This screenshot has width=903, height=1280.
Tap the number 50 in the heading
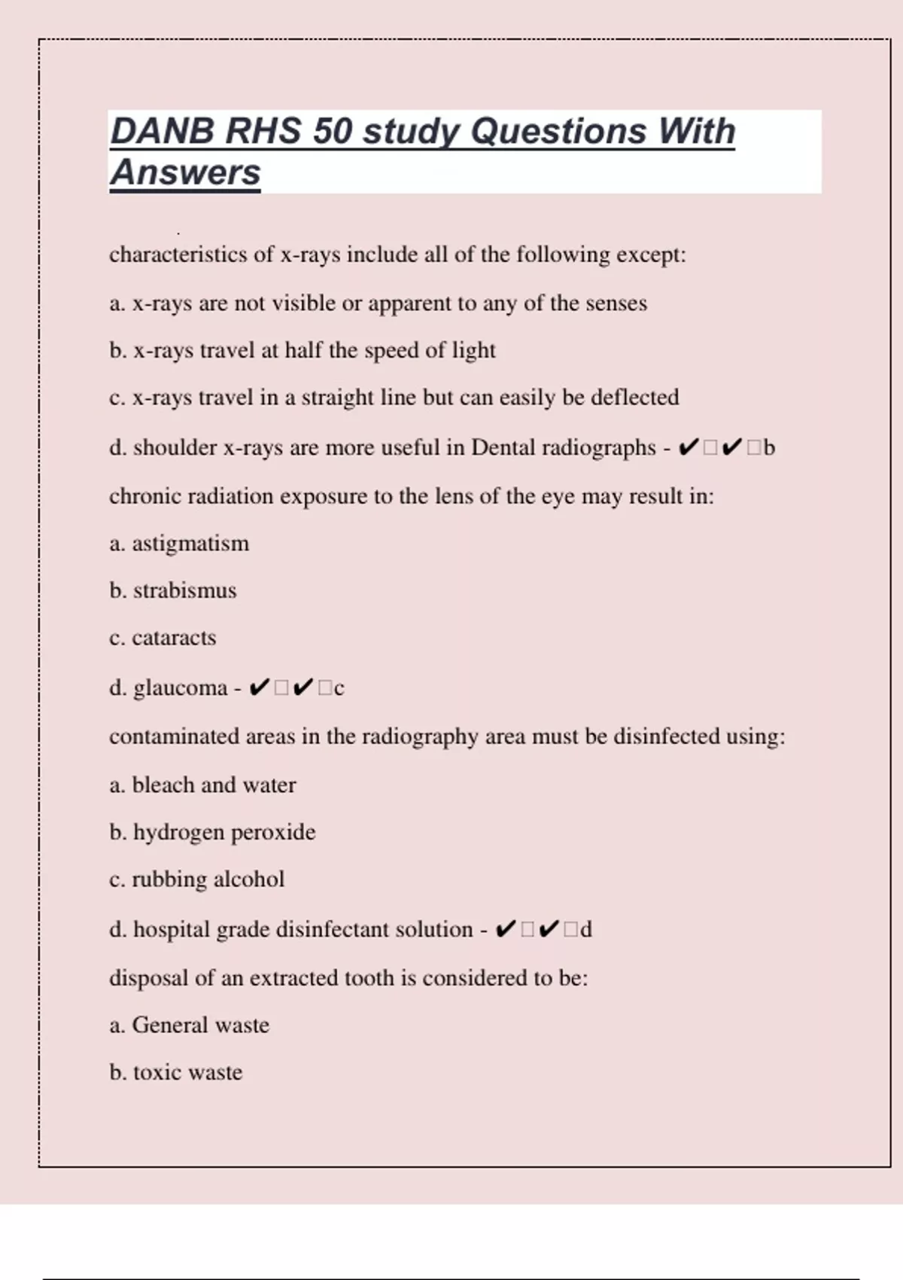point(332,131)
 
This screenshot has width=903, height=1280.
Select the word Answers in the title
point(185,172)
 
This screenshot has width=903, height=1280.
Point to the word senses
point(616,303)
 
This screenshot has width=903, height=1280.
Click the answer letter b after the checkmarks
point(768,448)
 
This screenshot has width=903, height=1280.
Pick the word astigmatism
point(190,544)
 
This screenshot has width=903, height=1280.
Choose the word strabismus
point(184,590)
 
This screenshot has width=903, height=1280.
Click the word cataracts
point(174,638)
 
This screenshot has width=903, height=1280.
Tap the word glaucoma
point(180,688)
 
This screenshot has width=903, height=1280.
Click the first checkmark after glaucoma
point(258,687)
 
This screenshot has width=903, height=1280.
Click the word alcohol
point(249,879)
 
